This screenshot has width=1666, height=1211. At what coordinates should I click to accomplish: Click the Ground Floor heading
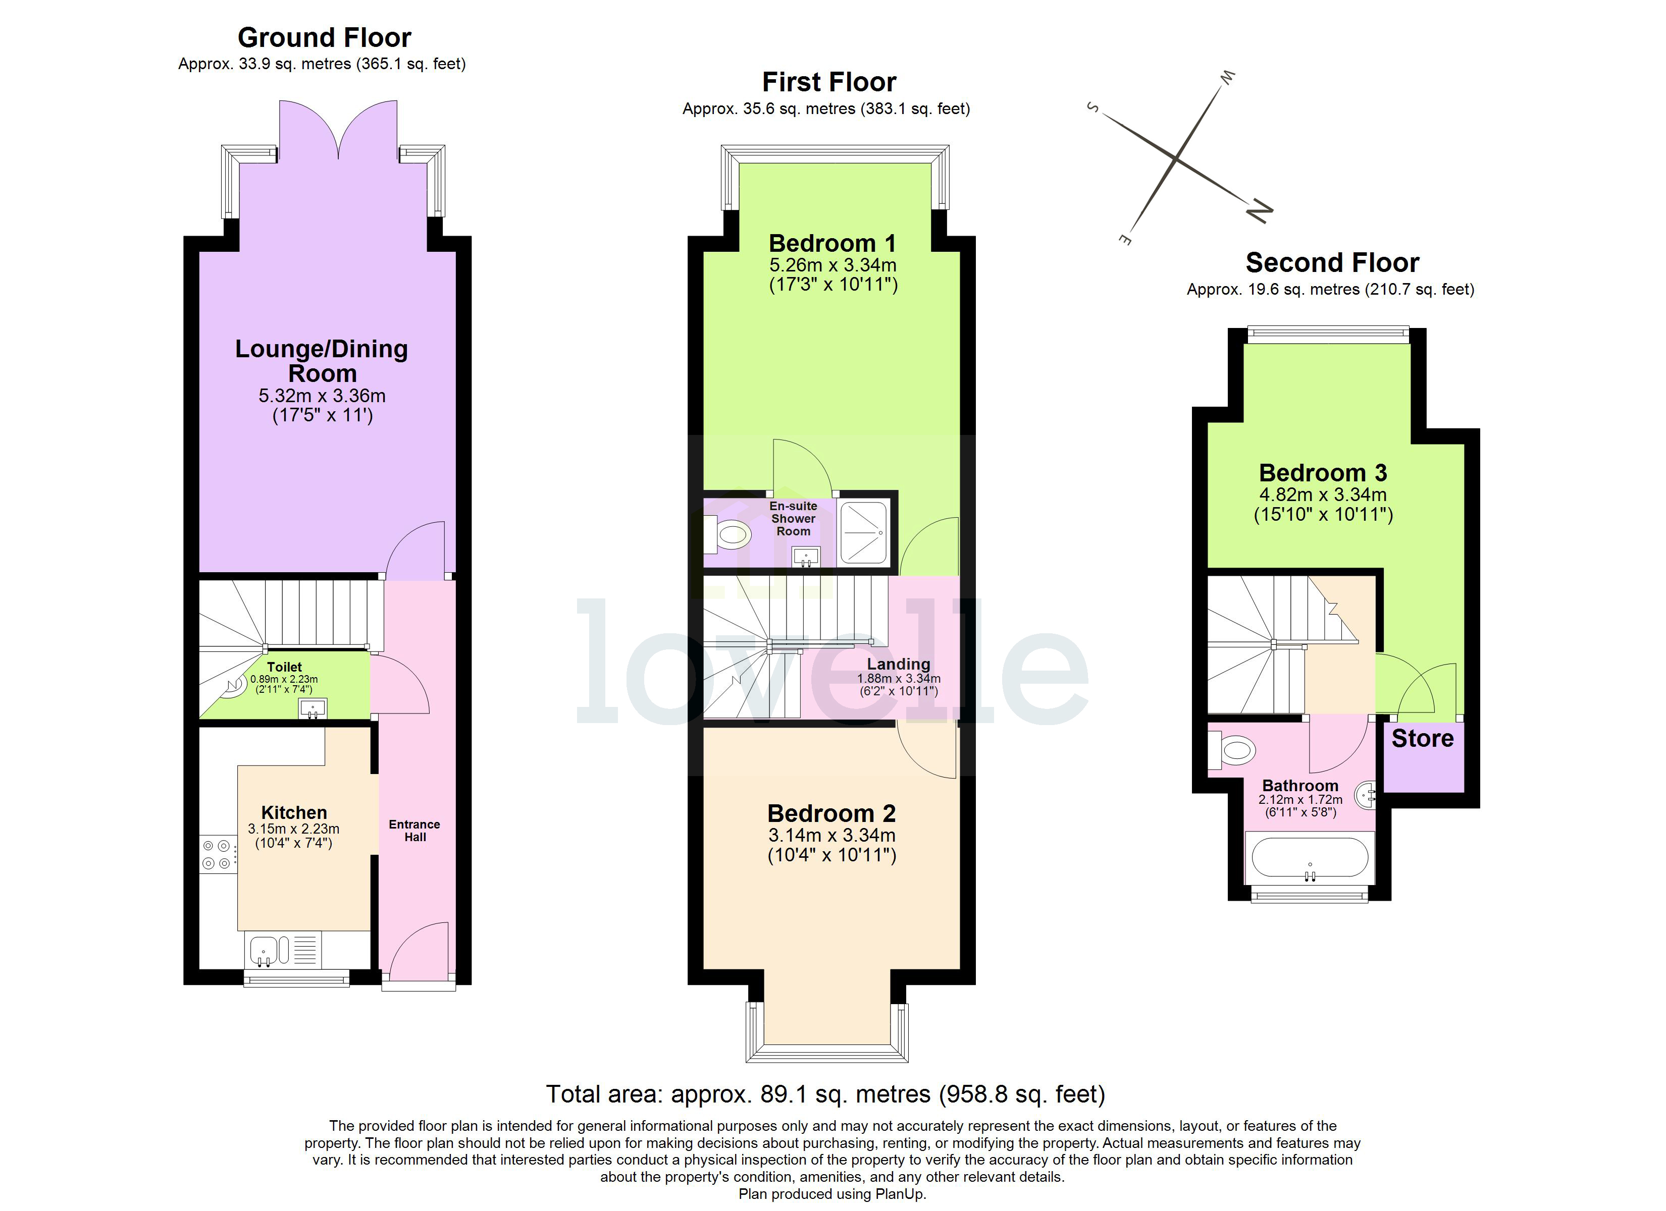324,37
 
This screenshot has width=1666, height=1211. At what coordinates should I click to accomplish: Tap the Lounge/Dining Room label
322,361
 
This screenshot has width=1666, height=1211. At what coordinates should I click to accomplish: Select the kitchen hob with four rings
218,855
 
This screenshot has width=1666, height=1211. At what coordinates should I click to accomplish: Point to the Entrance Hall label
414,831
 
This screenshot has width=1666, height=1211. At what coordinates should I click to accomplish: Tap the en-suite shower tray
863,532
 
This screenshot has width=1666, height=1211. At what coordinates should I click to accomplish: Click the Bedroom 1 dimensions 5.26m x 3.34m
833,265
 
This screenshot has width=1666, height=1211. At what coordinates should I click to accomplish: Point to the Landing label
898,664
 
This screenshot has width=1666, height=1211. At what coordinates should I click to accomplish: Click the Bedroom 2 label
831,814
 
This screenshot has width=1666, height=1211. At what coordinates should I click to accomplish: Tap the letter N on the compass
1258,211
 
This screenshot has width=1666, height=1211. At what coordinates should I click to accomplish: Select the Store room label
1422,739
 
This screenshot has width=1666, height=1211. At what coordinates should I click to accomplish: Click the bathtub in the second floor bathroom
1310,858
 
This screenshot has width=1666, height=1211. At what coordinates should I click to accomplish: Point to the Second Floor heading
1332,263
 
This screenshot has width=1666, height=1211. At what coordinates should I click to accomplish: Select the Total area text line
825,1094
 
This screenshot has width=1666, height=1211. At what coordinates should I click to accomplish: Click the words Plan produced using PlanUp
832,1194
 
